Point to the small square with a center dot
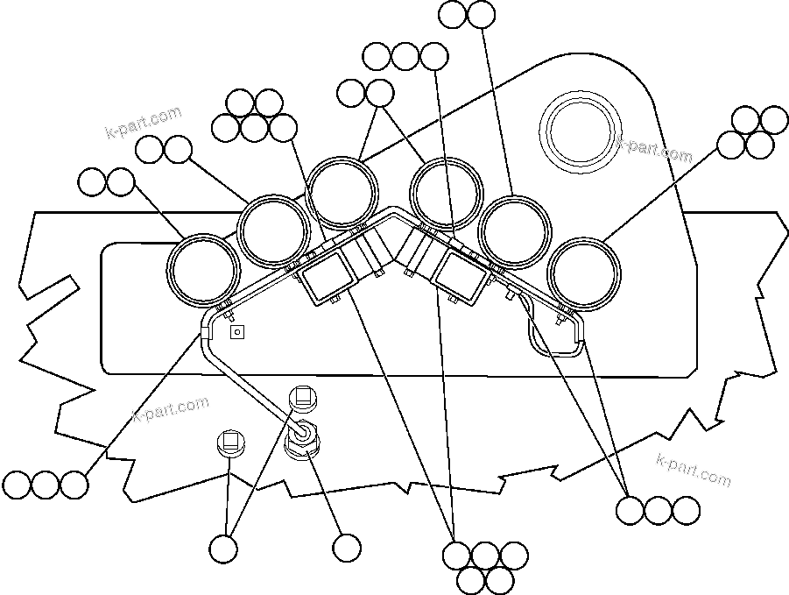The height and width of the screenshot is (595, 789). (x=236, y=332)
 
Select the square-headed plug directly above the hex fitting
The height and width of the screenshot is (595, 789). (x=302, y=396)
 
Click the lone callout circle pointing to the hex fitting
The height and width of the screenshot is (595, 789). (x=347, y=549)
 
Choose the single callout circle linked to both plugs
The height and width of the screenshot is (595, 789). (x=224, y=549)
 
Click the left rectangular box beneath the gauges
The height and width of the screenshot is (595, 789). (x=326, y=279)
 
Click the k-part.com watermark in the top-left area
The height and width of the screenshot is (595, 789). (x=143, y=123)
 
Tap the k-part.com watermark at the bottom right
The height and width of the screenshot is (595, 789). (x=693, y=469)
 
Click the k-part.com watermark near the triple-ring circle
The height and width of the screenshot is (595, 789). (x=655, y=150)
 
